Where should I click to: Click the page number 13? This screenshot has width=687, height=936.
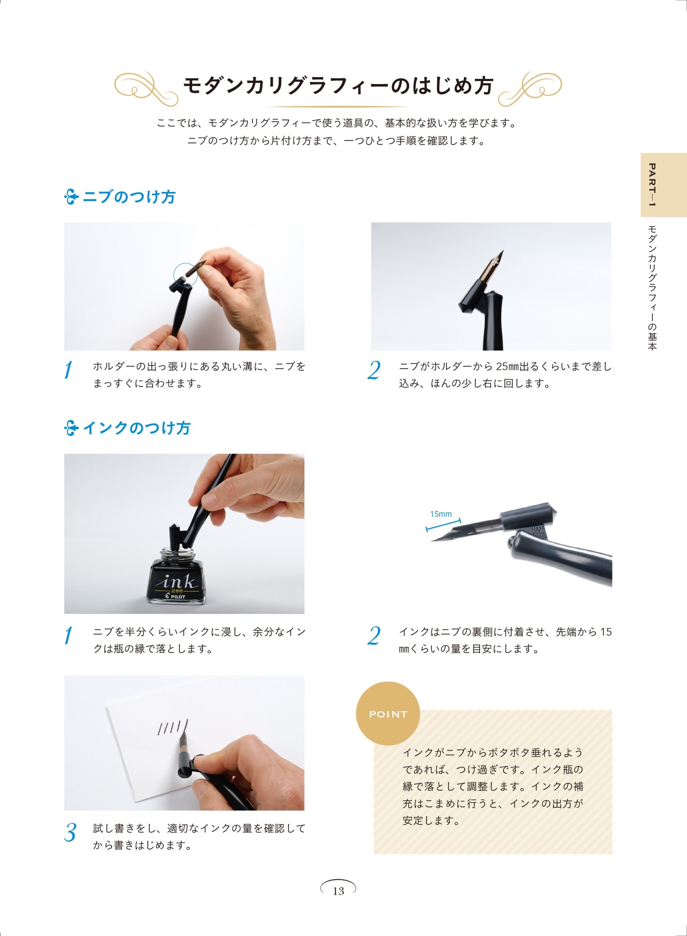[x=339, y=891]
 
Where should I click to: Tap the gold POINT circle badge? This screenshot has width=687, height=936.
[x=388, y=714]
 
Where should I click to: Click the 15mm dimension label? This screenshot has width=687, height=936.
[x=441, y=514]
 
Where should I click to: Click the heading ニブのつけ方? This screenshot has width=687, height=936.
[x=129, y=197]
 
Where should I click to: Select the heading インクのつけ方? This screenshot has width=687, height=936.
[x=137, y=428]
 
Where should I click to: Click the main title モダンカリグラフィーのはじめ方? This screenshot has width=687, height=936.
[x=339, y=86]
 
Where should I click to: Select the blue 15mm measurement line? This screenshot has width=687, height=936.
[x=443, y=524]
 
